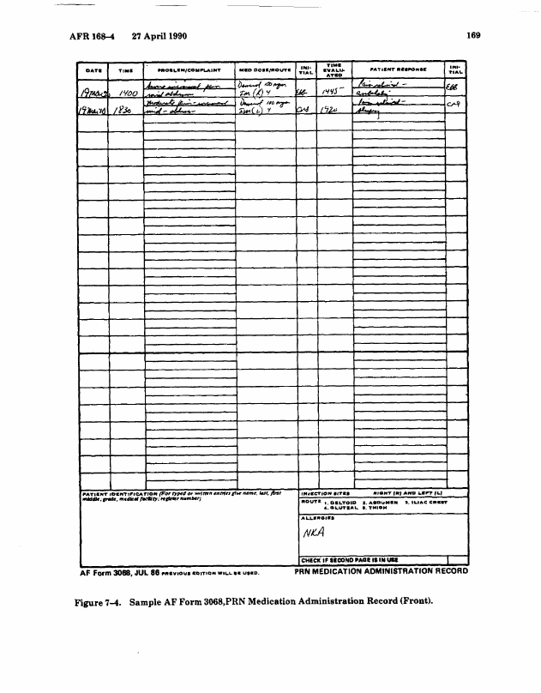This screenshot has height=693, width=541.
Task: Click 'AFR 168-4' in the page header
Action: point(90,37)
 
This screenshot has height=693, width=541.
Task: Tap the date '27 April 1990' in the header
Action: point(160,37)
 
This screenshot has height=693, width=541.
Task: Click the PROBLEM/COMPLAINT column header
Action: point(189,69)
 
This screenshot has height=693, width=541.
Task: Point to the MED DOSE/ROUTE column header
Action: point(264,69)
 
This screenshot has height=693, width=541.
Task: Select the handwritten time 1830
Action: point(125,110)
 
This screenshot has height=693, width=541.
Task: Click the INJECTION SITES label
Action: point(322,493)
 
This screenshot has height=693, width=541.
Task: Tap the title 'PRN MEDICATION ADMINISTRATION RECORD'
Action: point(381,569)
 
